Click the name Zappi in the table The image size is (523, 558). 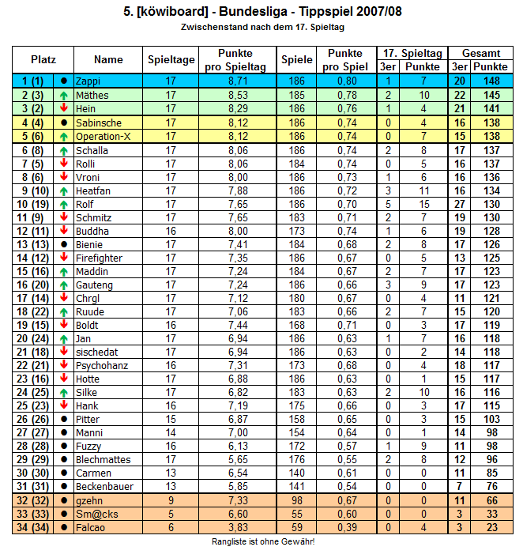pos(88,81)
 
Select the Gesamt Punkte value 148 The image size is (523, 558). pos(491,81)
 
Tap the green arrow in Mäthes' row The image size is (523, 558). pos(63,95)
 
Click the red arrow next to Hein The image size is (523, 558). pos(63,108)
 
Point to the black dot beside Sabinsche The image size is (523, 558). pos(63,123)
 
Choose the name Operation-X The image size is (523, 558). pos(103,136)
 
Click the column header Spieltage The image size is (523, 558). pos(171,59)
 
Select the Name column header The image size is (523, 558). pos(108,59)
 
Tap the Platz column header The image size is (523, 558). pos(43,59)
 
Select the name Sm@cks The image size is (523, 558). pos(93,514)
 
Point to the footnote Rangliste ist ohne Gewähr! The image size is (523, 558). pos(263,541)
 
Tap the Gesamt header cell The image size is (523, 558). pos(481,53)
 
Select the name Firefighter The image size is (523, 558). pos(98,258)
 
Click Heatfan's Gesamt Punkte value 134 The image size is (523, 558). pos(491,190)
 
